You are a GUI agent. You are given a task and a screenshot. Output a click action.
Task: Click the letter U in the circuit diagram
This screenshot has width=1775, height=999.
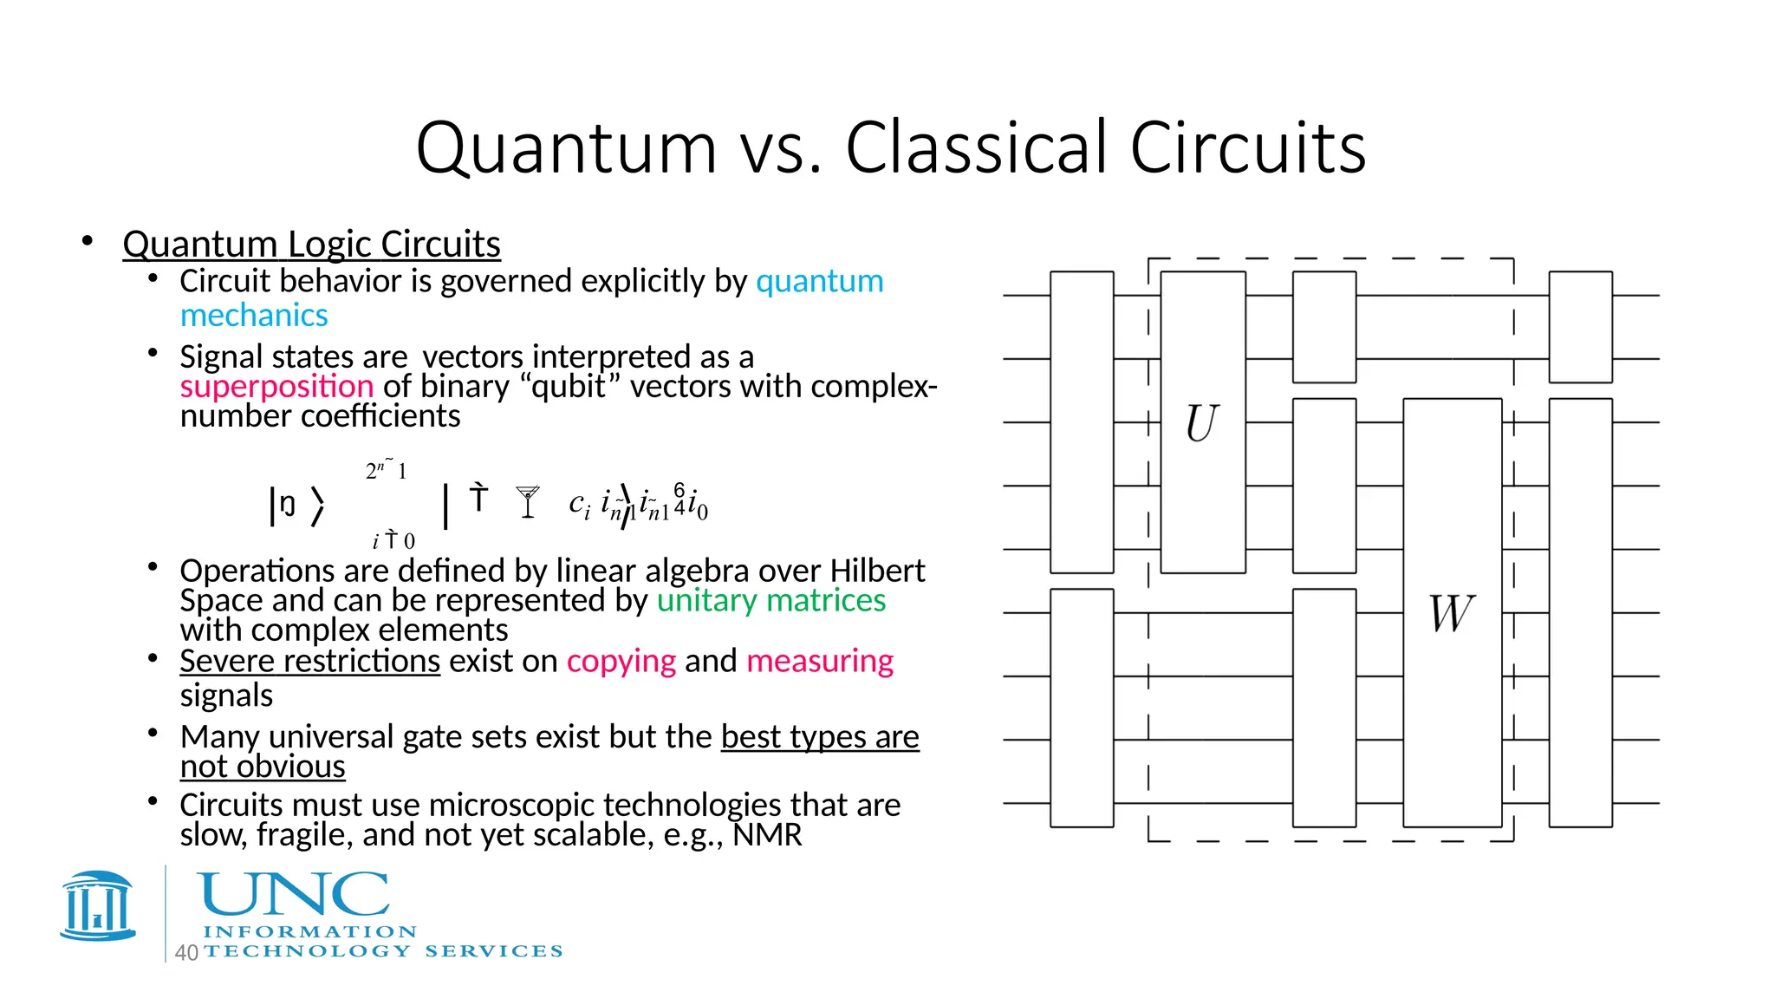(1202, 423)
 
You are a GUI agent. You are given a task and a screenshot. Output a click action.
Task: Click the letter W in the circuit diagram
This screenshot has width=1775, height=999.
(1452, 613)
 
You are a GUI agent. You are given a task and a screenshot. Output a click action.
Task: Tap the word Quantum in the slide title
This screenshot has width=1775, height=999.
(566, 147)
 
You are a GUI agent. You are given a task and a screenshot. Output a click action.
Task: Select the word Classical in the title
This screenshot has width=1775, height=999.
(979, 147)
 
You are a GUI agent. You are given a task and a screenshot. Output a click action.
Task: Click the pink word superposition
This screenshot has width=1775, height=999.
(276, 387)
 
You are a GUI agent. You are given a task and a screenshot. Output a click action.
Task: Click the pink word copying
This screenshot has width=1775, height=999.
(621, 662)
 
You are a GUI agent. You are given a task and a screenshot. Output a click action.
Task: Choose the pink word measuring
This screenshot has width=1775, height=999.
(819, 662)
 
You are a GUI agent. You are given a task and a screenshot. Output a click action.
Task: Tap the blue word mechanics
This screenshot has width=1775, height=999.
(254, 316)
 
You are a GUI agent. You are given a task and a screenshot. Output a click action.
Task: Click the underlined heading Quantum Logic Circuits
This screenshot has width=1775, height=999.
(311, 245)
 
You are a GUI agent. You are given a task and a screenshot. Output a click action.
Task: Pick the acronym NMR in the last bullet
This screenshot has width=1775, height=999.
(767, 835)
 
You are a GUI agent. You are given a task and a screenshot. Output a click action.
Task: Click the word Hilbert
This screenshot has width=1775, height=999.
(877, 571)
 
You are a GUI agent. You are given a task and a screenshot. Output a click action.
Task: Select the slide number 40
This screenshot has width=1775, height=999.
(186, 953)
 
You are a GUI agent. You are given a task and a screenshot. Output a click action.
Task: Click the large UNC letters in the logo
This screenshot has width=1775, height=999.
(295, 894)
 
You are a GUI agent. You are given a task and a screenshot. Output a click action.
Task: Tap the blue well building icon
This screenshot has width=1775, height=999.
(98, 906)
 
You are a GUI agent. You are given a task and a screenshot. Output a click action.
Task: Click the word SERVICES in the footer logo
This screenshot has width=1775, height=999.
(494, 951)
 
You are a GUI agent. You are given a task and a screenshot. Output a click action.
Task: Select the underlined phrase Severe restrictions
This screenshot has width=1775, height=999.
(309, 662)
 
